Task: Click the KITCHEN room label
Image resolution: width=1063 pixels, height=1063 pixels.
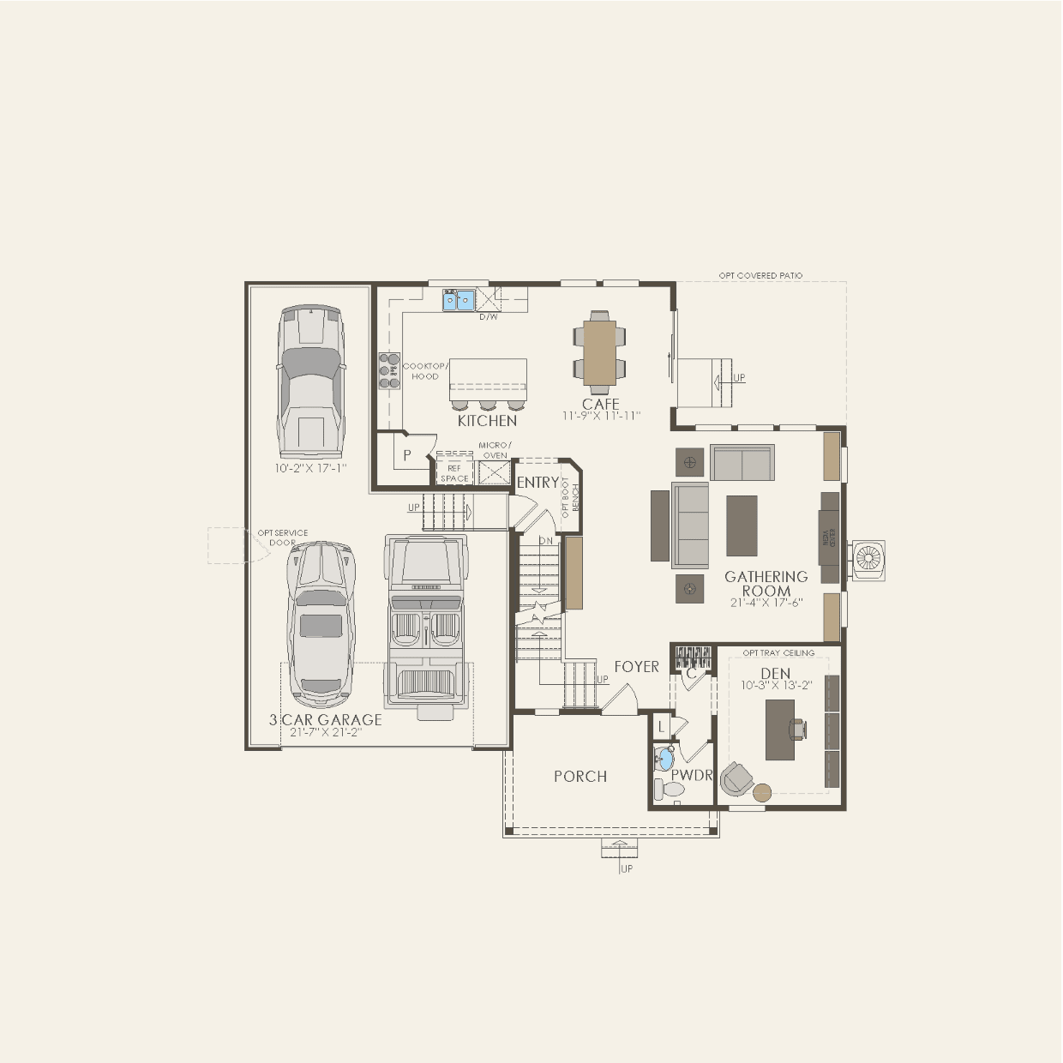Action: [x=487, y=421]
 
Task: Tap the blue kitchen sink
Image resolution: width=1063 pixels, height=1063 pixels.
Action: [x=458, y=300]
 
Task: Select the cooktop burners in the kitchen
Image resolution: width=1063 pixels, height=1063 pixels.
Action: [x=390, y=371]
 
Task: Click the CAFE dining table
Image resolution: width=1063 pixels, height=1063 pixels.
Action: [x=599, y=351]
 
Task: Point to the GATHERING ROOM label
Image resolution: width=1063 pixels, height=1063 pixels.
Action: [x=766, y=584]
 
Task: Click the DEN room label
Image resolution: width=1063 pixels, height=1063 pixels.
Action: [x=776, y=674]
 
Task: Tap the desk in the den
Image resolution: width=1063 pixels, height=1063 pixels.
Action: [x=780, y=730]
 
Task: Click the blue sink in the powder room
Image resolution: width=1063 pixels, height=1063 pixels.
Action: [x=665, y=759]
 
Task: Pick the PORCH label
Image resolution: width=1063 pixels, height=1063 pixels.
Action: [x=580, y=777]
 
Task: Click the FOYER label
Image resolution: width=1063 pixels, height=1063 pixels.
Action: [x=636, y=667]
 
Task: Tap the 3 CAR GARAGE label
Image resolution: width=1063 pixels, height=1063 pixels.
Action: [x=326, y=720]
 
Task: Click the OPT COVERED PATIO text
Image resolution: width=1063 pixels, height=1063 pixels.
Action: [x=760, y=276]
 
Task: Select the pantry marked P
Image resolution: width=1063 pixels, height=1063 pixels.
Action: [x=408, y=455]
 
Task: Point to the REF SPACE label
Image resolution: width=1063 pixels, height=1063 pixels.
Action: [x=454, y=473]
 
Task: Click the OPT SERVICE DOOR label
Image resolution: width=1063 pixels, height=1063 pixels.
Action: [x=283, y=538]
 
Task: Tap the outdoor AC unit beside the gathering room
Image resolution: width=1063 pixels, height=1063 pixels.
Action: [x=868, y=561]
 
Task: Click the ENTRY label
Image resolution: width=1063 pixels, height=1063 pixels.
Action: [x=538, y=483]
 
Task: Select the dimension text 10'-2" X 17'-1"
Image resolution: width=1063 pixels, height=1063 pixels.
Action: [x=310, y=469]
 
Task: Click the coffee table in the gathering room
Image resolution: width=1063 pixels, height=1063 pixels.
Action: [x=742, y=525]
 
